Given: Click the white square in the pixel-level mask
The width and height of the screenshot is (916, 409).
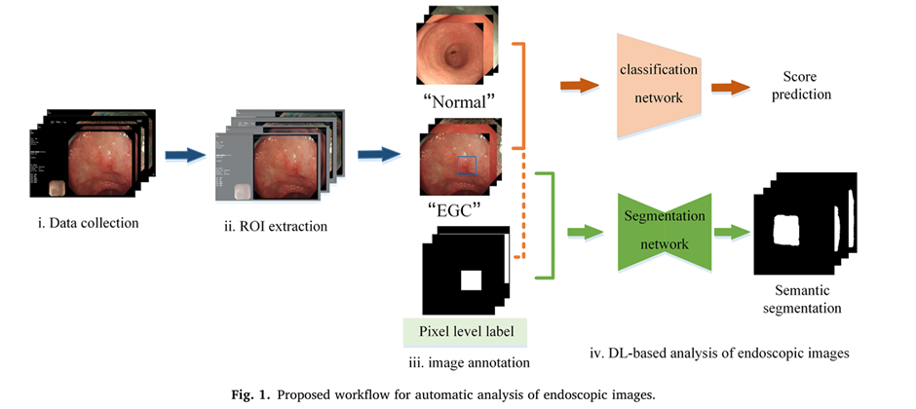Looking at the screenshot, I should [472, 280].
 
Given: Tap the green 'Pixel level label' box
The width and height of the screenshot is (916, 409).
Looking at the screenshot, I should [464, 330].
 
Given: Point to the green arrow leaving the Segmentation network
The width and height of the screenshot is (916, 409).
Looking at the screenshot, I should [733, 234].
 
